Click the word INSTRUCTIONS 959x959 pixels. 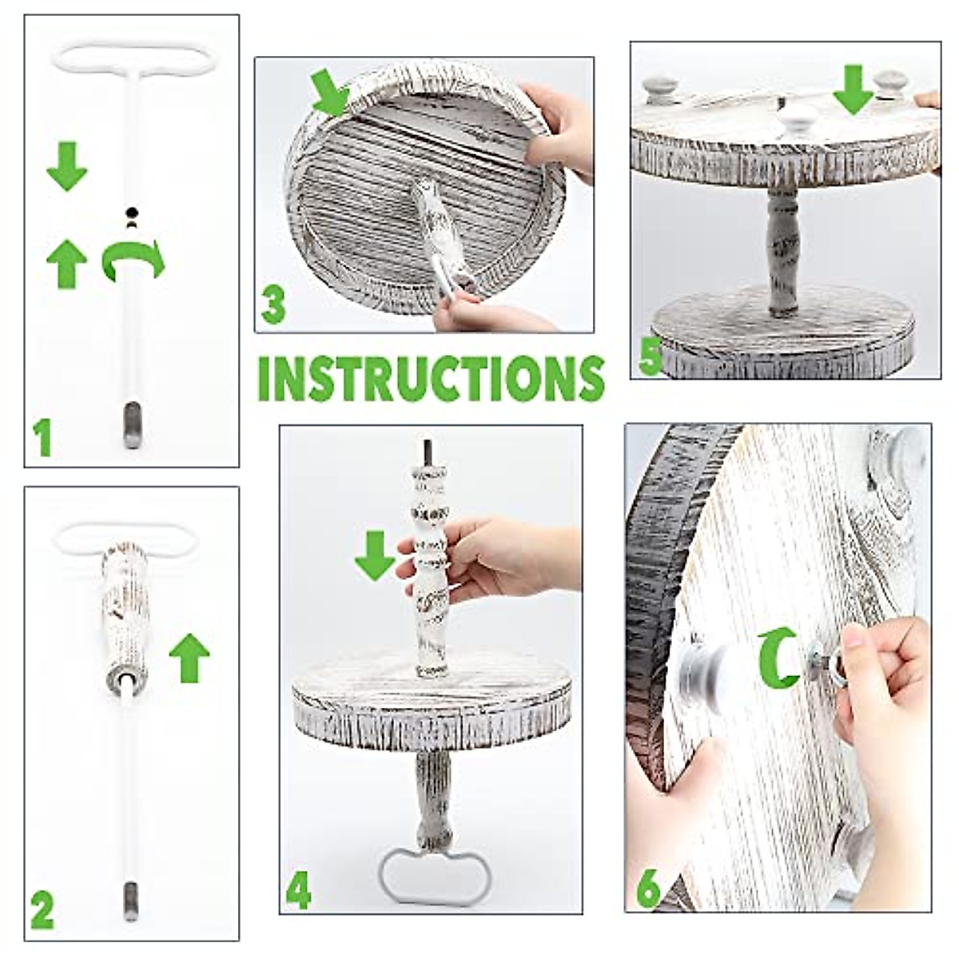tap(431, 379)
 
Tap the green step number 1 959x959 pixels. tap(42, 437)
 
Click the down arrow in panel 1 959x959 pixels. tap(66, 165)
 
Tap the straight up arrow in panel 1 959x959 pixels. tap(66, 264)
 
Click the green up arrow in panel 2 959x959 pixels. tap(189, 657)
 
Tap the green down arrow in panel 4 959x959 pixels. tap(375, 555)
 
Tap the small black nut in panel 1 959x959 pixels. tap(131, 212)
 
